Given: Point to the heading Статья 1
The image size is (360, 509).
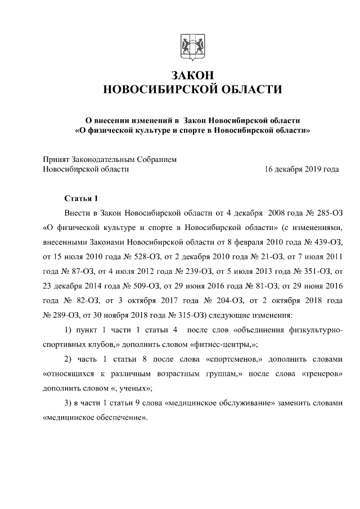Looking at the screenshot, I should tap(80, 199).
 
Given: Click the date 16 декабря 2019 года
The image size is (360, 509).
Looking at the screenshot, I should tap(301, 169).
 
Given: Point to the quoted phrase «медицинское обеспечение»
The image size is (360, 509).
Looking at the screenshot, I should tap(95, 419).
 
